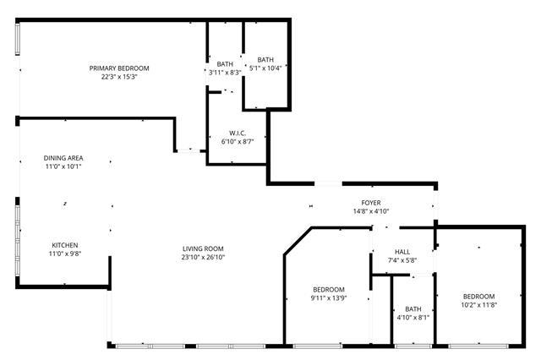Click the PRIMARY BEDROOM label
coord(119,68)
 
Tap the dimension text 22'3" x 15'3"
coord(119,77)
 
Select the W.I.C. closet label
coord(238,134)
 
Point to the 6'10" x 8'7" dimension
coord(238,141)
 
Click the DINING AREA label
coord(63,158)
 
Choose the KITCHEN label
coord(65,245)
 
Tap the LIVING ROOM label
coord(203,248)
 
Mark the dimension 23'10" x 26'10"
coord(203,257)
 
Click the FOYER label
coord(371,203)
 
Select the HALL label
coord(402,252)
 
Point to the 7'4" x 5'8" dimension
coord(402,260)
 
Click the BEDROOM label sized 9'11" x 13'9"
coord(329,290)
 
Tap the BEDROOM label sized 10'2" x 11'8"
coord(479,297)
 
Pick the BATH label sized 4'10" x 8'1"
coord(413,309)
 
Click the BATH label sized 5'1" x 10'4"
coord(265,60)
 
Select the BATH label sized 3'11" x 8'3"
coord(225,64)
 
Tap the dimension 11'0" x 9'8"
coord(65,254)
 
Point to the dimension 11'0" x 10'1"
coord(63,166)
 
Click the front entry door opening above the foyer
coord(328,183)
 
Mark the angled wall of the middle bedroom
coord(298,241)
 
